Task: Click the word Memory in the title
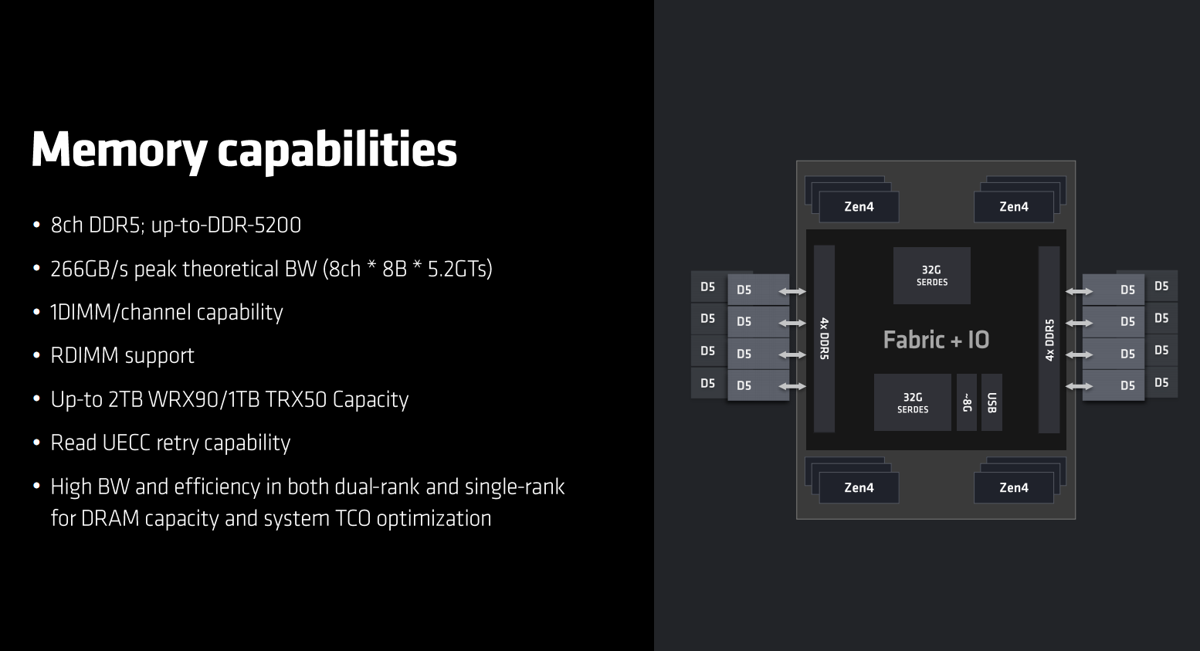(120, 151)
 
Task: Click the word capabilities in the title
(337, 150)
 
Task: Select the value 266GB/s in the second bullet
(90, 269)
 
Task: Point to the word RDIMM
(84, 355)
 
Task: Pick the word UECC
(127, 442)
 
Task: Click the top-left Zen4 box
(859, 206)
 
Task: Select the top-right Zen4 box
(1014, 206)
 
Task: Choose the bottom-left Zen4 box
(859, 487)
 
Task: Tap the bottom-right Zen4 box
(1014, 487)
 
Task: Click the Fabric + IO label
(936, 340)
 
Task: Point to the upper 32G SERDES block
(931, 276)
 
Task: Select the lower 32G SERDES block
(912, 402)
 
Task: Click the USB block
(992, 402)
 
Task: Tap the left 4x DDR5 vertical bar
(825, 338)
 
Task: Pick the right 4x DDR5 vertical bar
(1049, 339)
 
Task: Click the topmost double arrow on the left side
(792, 291)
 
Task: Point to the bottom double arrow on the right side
(1079, 386)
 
